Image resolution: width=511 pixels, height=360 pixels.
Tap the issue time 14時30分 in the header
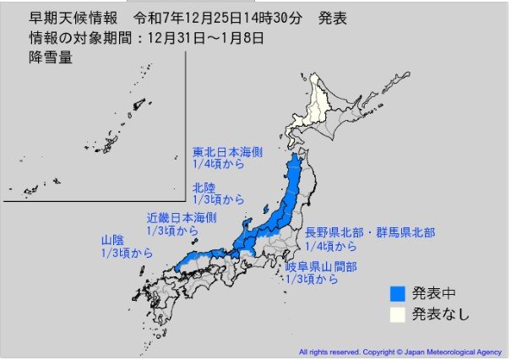(x=247, y=18)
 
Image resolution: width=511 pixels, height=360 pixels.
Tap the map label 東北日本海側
(x=221, y=153)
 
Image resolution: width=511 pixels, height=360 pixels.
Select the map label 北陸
(x=204, y=187)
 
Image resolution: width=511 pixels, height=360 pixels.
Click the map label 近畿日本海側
(x=181, y=217)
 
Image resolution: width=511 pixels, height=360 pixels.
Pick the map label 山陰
(x=110, y=240)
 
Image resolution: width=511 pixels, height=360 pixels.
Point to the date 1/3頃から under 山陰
(x=125, y=253)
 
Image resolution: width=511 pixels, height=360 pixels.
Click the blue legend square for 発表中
(x=397, y=294)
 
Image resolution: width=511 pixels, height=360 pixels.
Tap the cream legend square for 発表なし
(x=397, y=314)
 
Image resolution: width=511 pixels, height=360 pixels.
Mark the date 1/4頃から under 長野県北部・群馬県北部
(x=331, y=245)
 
